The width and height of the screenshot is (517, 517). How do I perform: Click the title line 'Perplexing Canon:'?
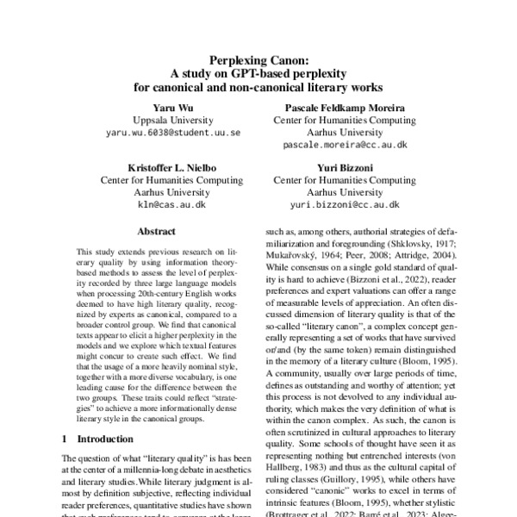click(258, 59)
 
